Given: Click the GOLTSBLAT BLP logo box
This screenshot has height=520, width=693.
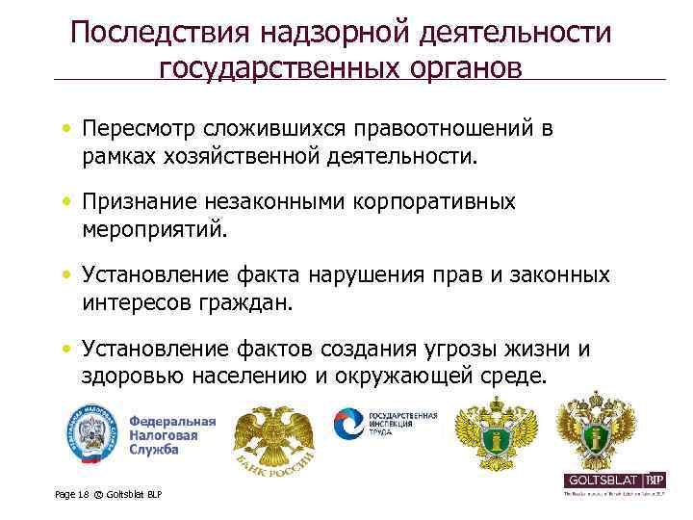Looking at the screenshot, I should (614, 480).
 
